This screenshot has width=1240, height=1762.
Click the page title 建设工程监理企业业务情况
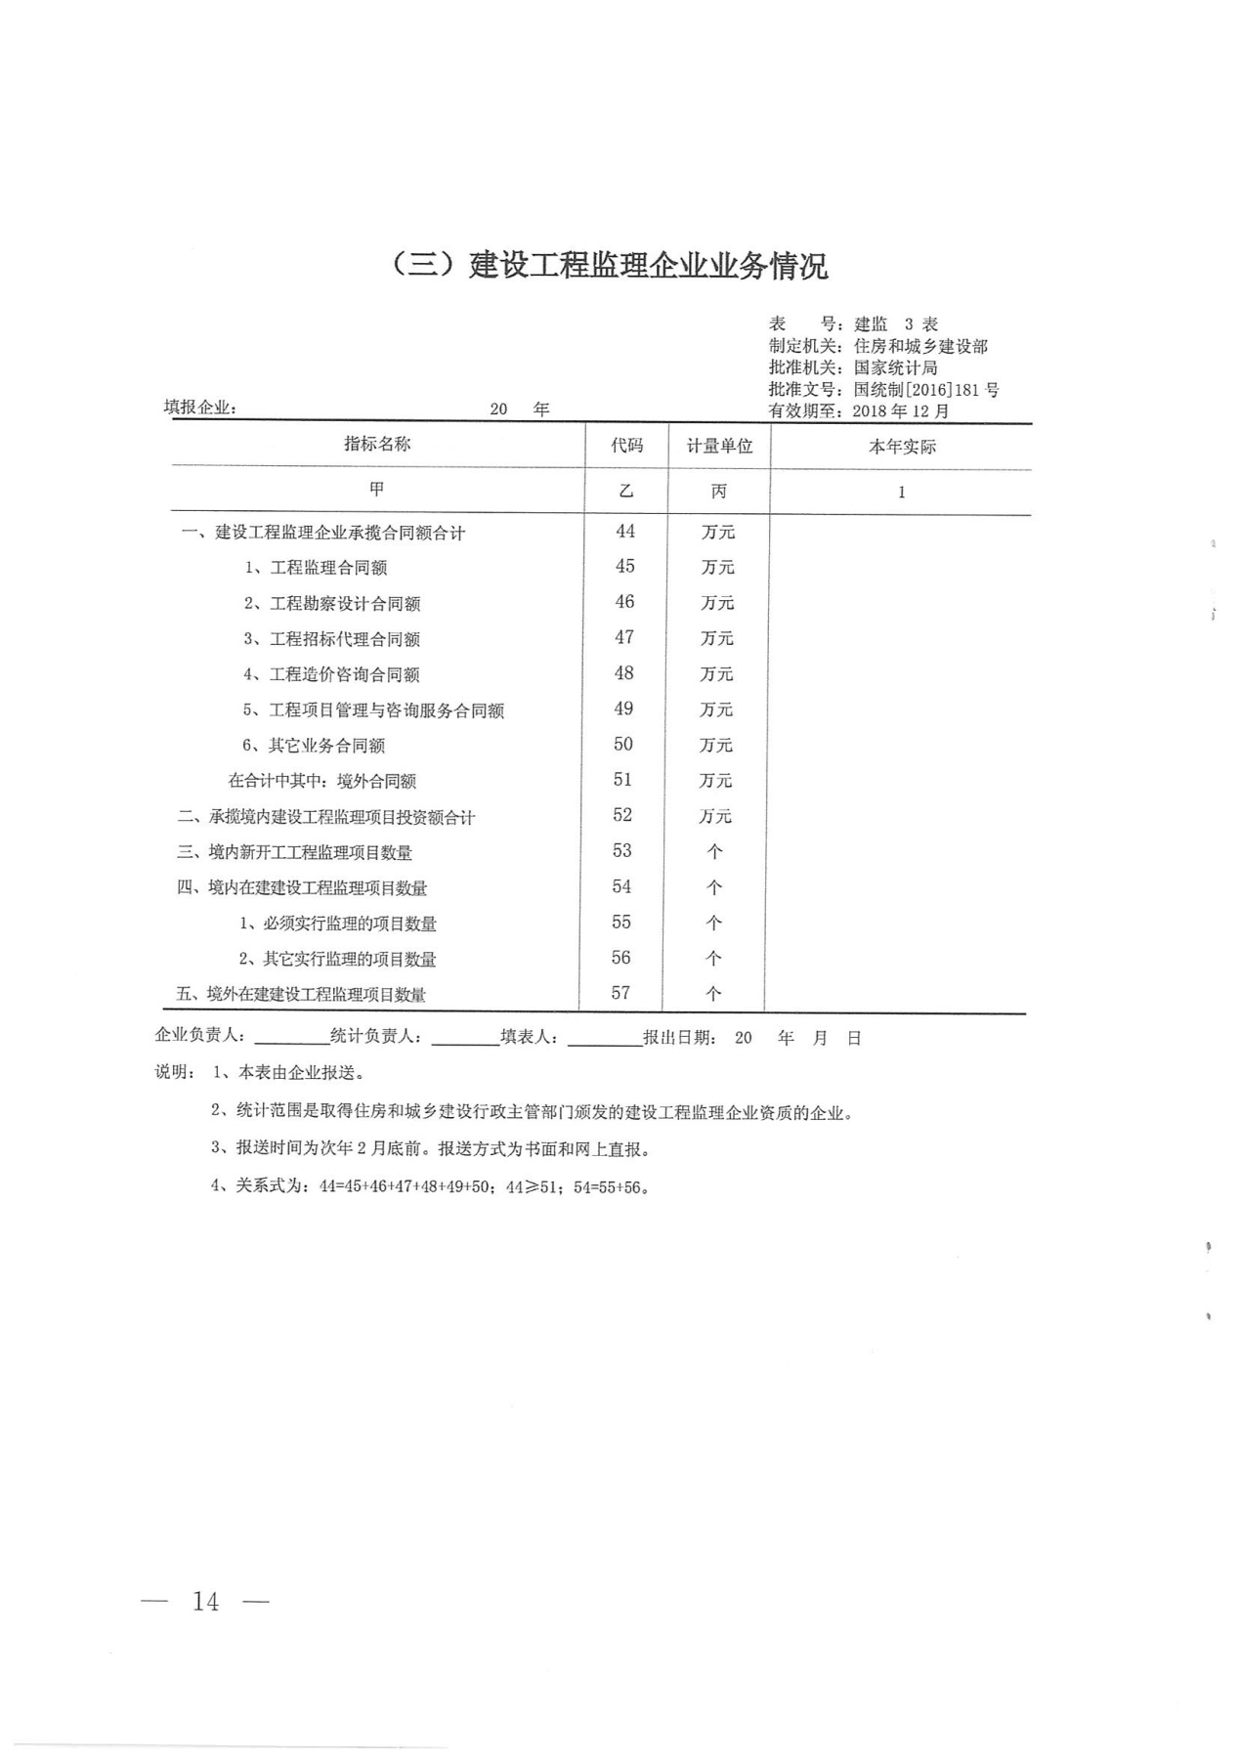[609, 266]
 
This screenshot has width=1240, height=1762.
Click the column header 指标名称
[377, 445]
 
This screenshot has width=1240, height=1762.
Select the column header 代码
[627, 446]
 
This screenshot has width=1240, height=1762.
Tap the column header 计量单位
[719, 447]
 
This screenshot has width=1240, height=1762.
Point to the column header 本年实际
[902, 448]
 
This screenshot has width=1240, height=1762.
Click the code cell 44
[625, 532]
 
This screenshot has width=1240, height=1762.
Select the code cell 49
[623, 709]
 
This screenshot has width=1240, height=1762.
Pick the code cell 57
[620, 994]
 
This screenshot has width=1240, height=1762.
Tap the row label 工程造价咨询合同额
[344, 674]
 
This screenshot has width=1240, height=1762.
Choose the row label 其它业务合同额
[326, 746]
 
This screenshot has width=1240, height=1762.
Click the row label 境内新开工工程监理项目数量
[310, 852]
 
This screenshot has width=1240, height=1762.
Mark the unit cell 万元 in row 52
[715, 816]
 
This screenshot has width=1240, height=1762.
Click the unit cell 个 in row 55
[714, 923]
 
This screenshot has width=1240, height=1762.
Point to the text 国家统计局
[895, 368]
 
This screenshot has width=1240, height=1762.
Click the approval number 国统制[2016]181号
[926, 390]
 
